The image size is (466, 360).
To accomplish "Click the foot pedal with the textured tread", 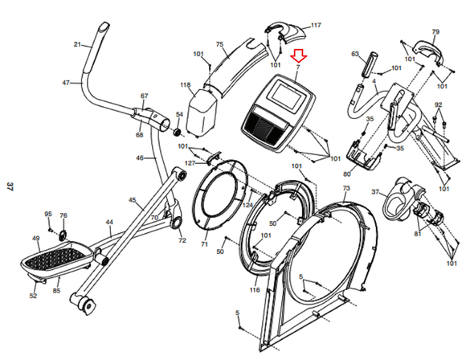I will [x=59, y=259].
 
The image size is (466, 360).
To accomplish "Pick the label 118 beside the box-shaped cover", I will [x=186, y=84].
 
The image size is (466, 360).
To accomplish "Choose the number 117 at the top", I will [x=315, y=25].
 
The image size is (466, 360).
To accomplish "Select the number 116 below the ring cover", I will [x=255, y=289].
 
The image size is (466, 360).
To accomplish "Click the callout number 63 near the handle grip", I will [x=354, y=54].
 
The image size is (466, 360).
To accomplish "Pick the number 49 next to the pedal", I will [x=35, y=239].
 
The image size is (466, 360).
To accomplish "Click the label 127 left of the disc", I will [x=190, y=163].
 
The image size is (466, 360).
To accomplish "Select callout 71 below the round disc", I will [x=204, y=244].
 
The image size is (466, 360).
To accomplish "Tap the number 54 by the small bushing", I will [x=179, y=115].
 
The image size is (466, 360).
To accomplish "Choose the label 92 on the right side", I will [x=438, y=105].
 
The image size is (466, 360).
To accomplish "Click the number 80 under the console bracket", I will [x=348, y=174].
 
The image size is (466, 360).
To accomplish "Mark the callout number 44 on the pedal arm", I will [x=109, y=222].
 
